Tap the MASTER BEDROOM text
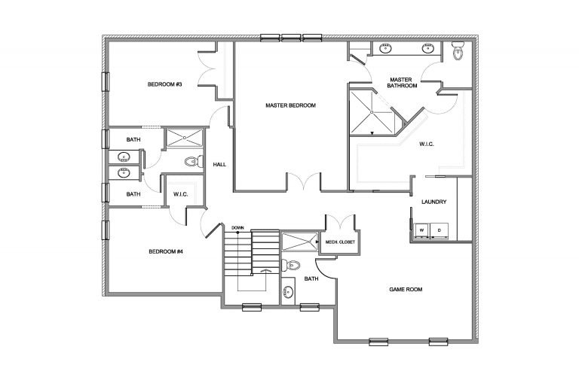(x=290, y=105)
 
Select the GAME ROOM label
(x=404, y=289)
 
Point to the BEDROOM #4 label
(x=166, y=251)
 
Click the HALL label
(x=220, y=164)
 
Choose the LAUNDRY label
(x=434, y=202)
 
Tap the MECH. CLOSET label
(x=340, y=242)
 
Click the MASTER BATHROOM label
(x=402, y=82)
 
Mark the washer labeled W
(x=422, y=229)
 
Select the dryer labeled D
(x=440, y=229)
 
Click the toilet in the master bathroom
(x=457, y=52)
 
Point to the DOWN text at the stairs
(x=237, y=227)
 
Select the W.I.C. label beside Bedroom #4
(x=180, y=194)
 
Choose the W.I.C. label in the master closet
(x=427, y=144)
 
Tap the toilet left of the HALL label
(x=192, y=161)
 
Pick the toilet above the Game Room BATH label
(x=293, y=264)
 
